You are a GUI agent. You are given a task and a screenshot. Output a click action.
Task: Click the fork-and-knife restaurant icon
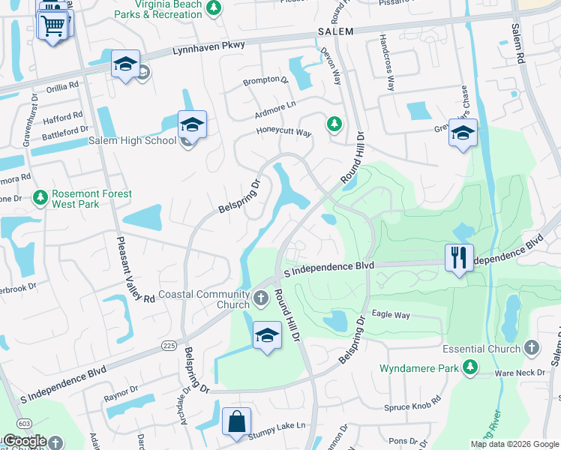(x=457, y=257)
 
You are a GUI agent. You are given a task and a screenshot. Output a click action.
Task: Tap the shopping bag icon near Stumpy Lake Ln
(x=236, y=421)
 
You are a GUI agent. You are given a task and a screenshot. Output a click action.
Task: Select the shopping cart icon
(x=52, y=26)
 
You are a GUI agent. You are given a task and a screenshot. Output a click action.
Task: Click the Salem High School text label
(x=132, y=141)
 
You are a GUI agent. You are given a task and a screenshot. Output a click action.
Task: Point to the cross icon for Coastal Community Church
(x=260, y=298)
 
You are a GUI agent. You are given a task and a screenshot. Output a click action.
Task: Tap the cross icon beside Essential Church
(x=532, y=348)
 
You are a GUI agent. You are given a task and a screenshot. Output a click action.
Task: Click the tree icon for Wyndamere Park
(x=469, y=367)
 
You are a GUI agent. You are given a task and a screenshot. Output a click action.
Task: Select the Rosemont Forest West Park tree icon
(x=40, y=198)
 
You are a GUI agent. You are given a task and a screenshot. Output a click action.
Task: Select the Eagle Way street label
(x=391, y=315)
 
